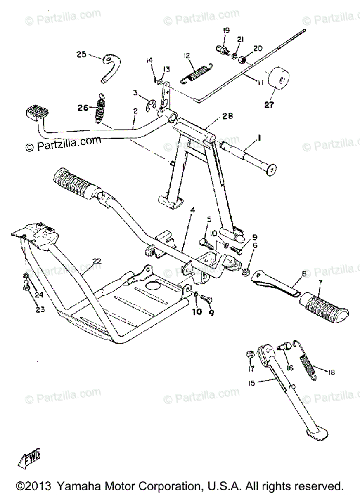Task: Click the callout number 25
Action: (x=82, y=54)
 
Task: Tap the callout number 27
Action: (x=269, y=105)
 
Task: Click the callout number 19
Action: (x=226, y=31)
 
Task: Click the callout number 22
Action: (x=97, y=261)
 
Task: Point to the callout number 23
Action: (x=40, y=309)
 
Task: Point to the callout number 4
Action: (x=192, y=210)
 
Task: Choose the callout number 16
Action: (x=290, y=368)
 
